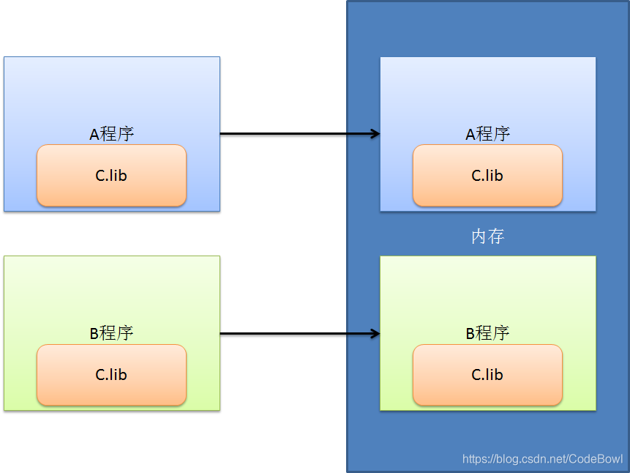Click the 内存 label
pyautogui.click(x=487, y=236)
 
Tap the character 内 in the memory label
pyautogui.click(x=479, y=236)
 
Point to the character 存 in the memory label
pyautogui.click(x=496, y=236)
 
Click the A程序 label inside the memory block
pyautogui.click(x=487, y=134)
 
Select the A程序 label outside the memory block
pyautogui.click(x=111, y=134)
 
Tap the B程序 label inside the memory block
pyautogui.click(x=487, y=333)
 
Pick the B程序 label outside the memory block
pyautogui.click(x=111, y=333)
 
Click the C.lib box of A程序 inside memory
pyautogui.click(x=487, y=176)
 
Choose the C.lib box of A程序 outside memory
pyautogui.click(x=111, y=176)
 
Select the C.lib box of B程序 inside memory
pyautogui.click(x=487, y=375)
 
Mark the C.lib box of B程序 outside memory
pyautogui.click(x=111, y=375)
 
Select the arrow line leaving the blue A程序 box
pyautogui.click(x=293, y=134)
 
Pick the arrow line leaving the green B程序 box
pyautogui.click(x=293, y=334)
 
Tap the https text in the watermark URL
pyautogui.click(x=476, y=459)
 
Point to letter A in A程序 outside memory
pyautogui.click(x=94, y=135)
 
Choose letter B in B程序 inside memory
pyautogui.click(x=470, y=334)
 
